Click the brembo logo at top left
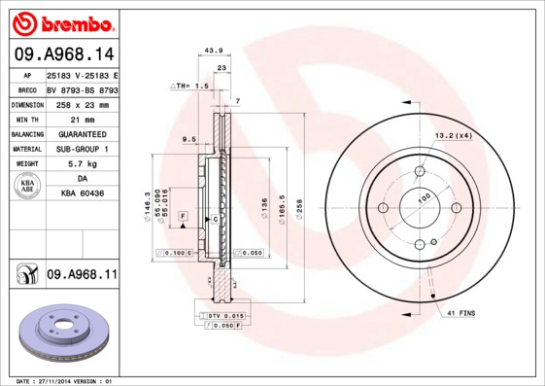click(x=61, y=21)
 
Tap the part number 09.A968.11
click(x=82, y=275)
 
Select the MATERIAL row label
click(x=25, y=149)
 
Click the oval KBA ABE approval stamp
click(x=26, y=187)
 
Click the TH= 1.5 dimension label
click(x=191, y=87)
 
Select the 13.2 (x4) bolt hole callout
click(x=452, y=135)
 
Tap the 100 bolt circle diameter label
click(x=425, y=198)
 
